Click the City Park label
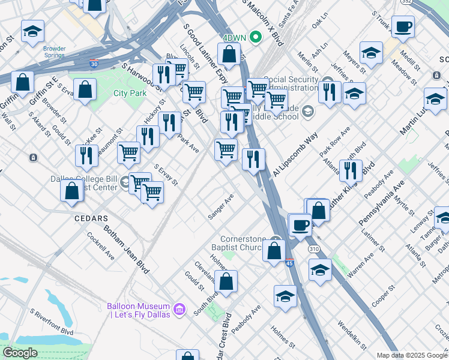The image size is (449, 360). coord(130,93)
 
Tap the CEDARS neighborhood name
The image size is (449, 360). coord(91,218)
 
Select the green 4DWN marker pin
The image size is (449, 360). coord(256,37)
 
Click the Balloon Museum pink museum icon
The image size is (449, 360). coord(179,310)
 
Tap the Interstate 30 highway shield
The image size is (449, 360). coord(93,62)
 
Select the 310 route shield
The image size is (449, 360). coord(315,247)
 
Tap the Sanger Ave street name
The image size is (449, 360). coord(220,206)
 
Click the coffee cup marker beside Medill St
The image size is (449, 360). coord(403,28)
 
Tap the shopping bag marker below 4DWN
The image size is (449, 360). coord(229,55)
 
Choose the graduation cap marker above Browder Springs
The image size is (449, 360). coord(32,32)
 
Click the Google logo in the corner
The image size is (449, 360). coord(20,353)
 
